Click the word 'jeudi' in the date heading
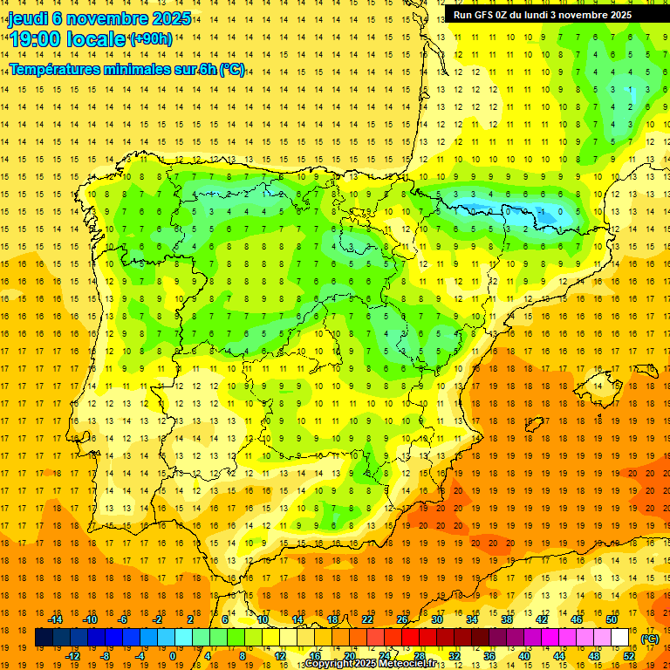tap(28, 18)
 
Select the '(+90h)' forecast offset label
tap(151, 39)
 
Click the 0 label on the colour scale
tap(173, 655)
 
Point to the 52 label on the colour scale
tap(628, 655)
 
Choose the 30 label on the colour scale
tap(437, 619)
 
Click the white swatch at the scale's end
tap(619, 638)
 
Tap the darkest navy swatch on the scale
tap(44, 638)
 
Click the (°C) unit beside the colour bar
tap(649, 639)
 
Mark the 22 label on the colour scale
tap(367, 619)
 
